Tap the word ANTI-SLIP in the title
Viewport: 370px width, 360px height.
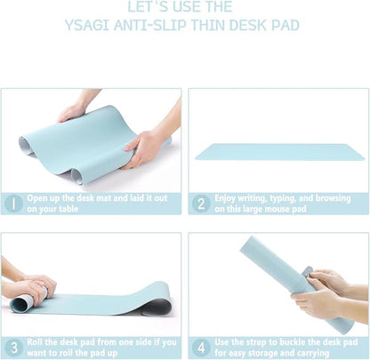pos(152,25)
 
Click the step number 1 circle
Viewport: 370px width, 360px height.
pos(13,204)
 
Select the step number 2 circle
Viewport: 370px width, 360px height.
pos(201,204)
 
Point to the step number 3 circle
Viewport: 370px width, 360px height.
pos(13,347)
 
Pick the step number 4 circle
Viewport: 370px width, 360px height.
pos(201,347)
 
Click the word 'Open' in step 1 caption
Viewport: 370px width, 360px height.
pos(37,198)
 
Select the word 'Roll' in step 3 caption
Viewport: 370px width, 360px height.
pos(36,341)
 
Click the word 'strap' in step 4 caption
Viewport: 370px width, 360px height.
pos(264,341)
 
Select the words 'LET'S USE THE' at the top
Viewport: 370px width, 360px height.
pos(184,7)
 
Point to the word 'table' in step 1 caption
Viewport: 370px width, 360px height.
pos(70,210)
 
